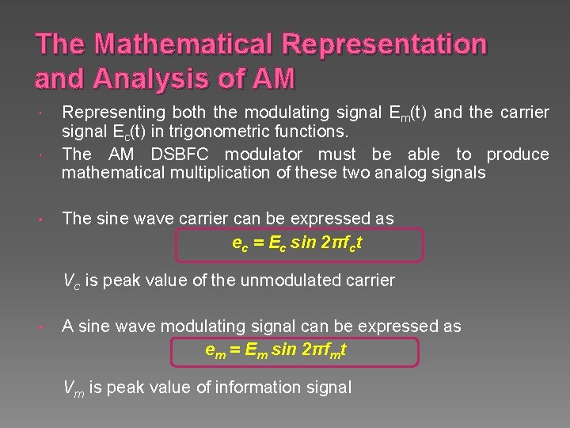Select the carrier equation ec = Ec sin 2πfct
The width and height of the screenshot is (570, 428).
coord(297,244)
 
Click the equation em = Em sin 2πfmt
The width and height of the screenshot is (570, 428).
coord(275,350)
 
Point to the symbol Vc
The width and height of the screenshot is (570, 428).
coord(72,281)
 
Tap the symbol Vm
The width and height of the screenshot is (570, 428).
coord(74,388)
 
